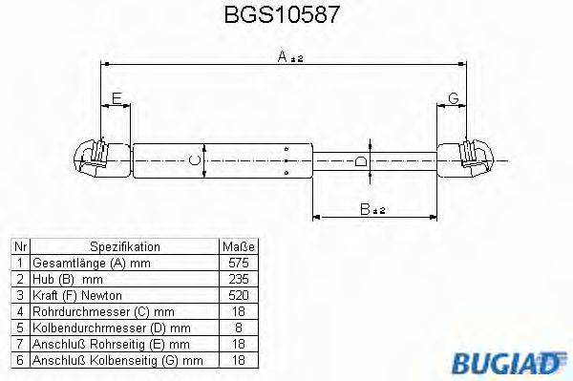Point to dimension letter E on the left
(117, 98)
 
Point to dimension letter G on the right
(453, 98)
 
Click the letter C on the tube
(195, 159)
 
